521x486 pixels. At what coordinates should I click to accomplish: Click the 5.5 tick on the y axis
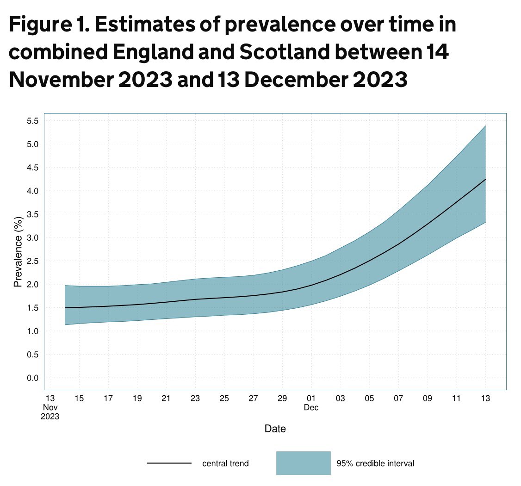(x=32, y=121)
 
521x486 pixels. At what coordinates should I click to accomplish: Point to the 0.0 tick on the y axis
(x=32, y=378)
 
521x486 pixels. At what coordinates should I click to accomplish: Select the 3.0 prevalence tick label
(x=32, y=238)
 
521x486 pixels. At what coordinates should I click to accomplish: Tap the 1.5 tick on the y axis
(x=32, y=308)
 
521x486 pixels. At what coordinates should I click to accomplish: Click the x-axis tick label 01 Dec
(x=311, y=403)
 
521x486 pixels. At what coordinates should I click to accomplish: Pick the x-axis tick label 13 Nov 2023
(x=50, y=407)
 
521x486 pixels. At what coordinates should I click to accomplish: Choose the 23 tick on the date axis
(x=195, y=399)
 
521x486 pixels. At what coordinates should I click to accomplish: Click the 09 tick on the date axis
(x=428, y=399)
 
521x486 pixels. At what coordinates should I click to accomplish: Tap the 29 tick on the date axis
(x=282, y=399)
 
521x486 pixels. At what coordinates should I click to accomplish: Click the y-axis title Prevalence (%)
(x=18, y=251)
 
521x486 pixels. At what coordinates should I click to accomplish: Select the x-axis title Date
(x=275, y=429)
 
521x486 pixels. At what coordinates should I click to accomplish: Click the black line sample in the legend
(x=169, y=463)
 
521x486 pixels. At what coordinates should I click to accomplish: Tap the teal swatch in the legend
(x=303, y=463)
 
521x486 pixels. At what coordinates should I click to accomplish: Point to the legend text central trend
(x=225, y=463)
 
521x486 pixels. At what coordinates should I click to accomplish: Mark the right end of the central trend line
(x=485, y=179)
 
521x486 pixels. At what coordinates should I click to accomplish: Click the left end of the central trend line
(x=65, y=308)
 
